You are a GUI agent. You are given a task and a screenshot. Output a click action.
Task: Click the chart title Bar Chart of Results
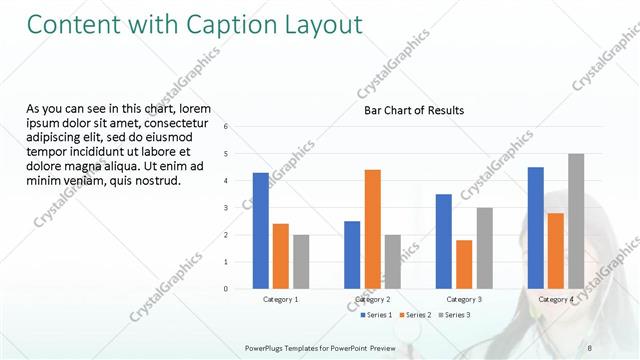[413, 110]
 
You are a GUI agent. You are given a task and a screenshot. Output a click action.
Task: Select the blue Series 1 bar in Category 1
[261, 230]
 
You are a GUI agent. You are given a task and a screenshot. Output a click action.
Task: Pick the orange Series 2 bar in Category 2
[372, 229]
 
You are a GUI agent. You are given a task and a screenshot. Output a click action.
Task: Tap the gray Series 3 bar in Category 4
[576, 221]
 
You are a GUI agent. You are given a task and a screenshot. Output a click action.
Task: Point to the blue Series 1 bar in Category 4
[536, 227]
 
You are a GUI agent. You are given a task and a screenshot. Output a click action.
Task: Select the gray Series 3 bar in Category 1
[301, 261]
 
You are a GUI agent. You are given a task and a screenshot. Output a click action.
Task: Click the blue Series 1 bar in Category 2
[352, 254]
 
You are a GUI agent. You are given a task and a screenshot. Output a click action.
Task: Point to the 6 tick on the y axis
[226, 127]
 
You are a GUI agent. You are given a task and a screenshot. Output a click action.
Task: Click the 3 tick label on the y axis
[226, 208]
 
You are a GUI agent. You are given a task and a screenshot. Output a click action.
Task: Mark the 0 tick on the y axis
[226, 289]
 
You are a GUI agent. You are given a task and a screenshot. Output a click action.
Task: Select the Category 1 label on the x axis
[281, 299]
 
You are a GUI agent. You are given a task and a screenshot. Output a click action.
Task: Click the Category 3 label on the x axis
[464, 299]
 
